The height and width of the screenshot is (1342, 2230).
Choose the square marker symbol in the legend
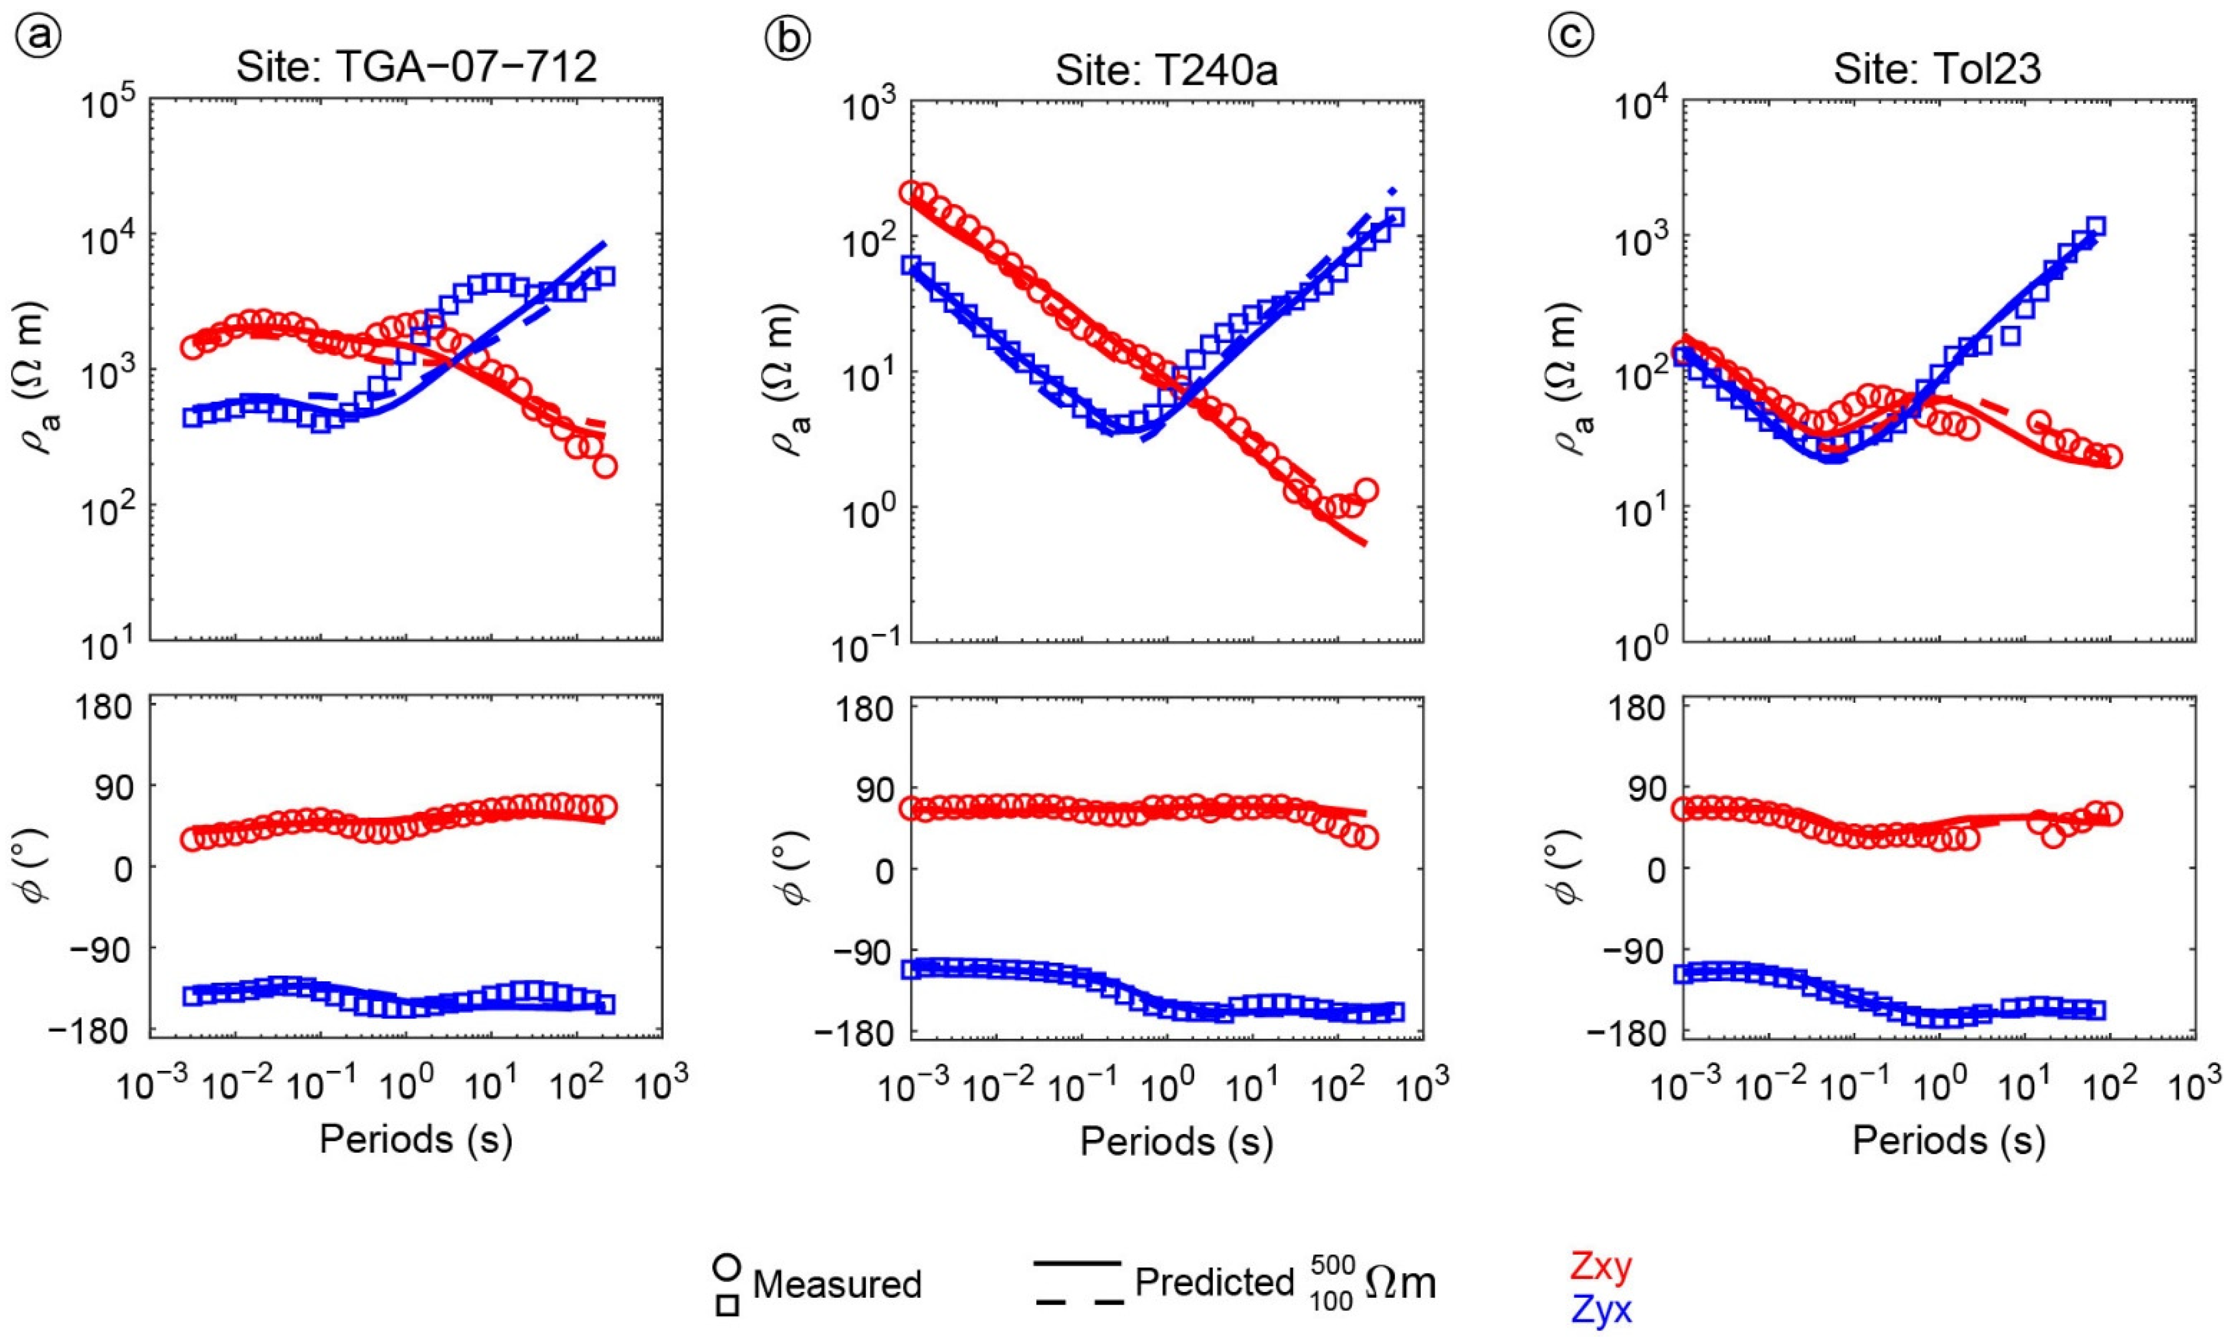[728, 1306]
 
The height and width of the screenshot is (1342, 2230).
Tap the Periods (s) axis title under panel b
[1176, 1141]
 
